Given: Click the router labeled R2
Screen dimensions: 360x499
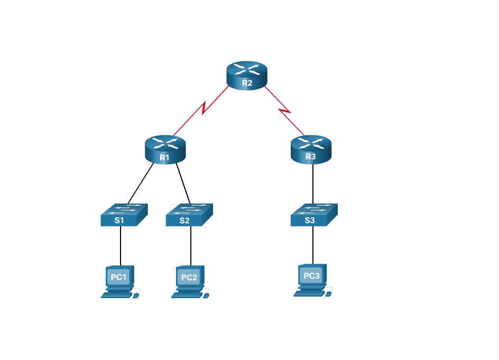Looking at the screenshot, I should coord(247,75).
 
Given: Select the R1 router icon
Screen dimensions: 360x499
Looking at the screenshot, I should coord(165,149).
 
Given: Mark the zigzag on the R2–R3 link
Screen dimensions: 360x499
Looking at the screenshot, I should coord(284,111).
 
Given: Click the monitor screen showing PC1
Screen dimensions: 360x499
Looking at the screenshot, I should coord(118,277).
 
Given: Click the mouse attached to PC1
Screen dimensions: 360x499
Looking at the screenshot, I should coord(136,296).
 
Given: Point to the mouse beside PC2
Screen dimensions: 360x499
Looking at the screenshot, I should coord(206,296).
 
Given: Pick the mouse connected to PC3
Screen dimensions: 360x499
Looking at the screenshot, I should coord(328,294).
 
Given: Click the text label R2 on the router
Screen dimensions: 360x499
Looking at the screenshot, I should coord(247,83).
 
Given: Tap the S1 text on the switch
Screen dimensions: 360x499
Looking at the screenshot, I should coord(119,220).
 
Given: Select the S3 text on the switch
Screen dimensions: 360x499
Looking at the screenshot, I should coord(309,220).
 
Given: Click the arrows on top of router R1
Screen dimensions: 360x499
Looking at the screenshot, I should coord(165,142).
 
